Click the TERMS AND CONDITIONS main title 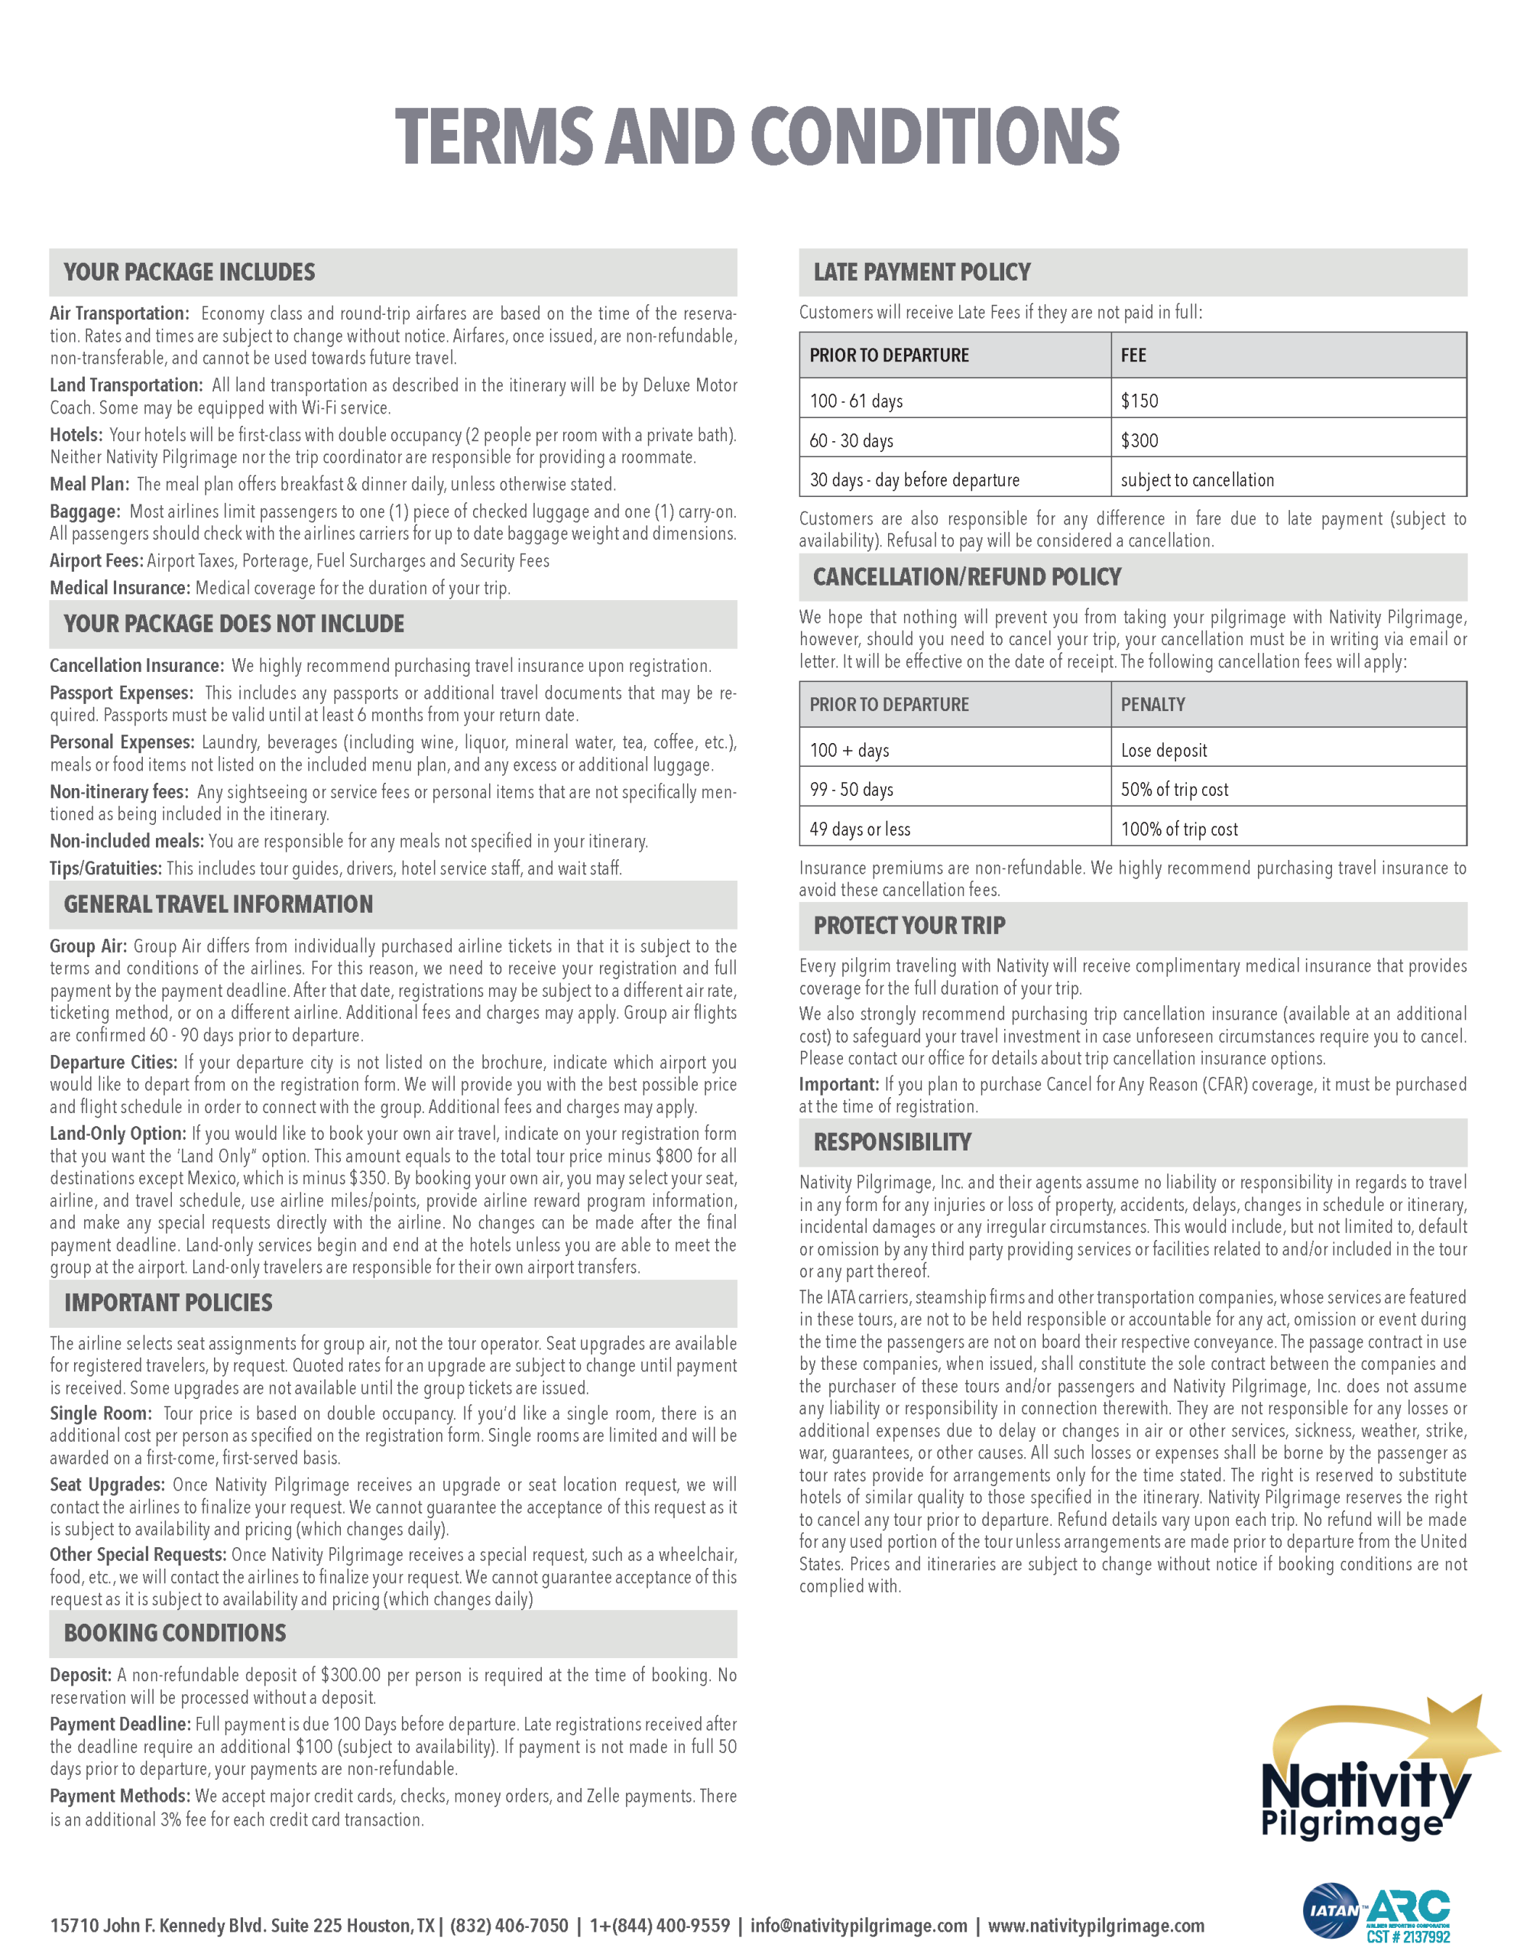coord(757,136)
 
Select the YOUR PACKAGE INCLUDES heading coord(189,272)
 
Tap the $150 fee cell coord(1139,401)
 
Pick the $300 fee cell coord(1139,441)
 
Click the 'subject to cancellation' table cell coord(1196,480)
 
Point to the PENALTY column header coord(1152,704)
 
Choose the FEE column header coord(1133,355)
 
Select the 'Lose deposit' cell coord(1163,751)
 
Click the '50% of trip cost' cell coord(1174,790)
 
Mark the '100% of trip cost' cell coord(1178,829)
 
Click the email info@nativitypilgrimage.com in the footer coord(858,1926)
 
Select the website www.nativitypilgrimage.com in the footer coord(1095,1926)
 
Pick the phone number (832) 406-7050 coord(509,1926)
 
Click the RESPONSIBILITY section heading coord(892,1143)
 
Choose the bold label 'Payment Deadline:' coord(120,1725)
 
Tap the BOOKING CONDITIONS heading coord(175,1634)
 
